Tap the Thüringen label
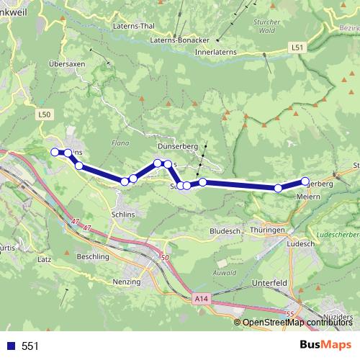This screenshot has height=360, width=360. click(269, 230)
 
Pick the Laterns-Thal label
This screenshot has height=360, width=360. click(135, 26)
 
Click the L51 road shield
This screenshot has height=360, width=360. click(298, 48)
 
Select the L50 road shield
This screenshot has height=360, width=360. click(45, 114)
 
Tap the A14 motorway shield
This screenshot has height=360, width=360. click(200, 297)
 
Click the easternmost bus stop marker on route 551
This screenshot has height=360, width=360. click(305, 181)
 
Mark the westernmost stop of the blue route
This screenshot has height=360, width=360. click(55, 151)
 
